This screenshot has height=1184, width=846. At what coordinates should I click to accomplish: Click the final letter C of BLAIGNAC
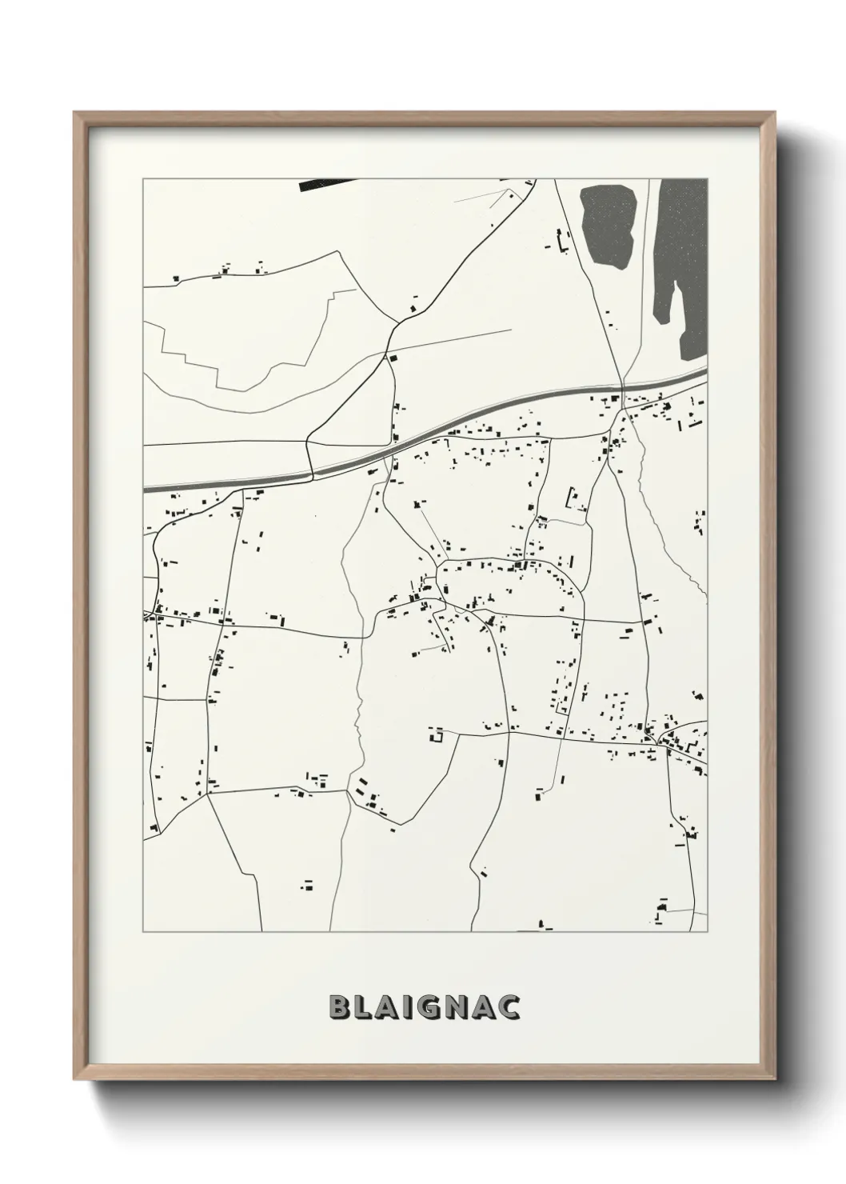(x=511, y=1007)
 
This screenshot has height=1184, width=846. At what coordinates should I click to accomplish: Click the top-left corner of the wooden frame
(x=75, y=113)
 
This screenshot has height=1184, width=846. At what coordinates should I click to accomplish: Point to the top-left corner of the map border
(x=143, y=179)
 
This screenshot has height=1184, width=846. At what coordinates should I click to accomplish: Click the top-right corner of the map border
(x=708, y=179)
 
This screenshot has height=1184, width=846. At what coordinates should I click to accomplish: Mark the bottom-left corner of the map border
(x=143, y=932)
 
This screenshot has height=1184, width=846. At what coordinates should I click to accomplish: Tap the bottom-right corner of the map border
(x=708, y=932)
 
